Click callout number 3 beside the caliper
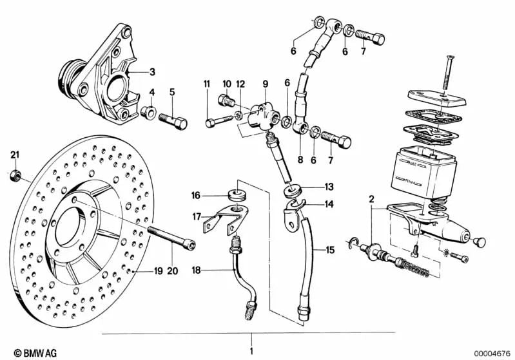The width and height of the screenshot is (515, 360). coord(152,71)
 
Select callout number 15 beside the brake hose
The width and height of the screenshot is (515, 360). coord(331,250)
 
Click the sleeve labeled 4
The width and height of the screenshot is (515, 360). coord(146,113)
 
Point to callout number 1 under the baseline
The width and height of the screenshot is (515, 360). coord(251,352)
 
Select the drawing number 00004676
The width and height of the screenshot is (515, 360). coord(491,352)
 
